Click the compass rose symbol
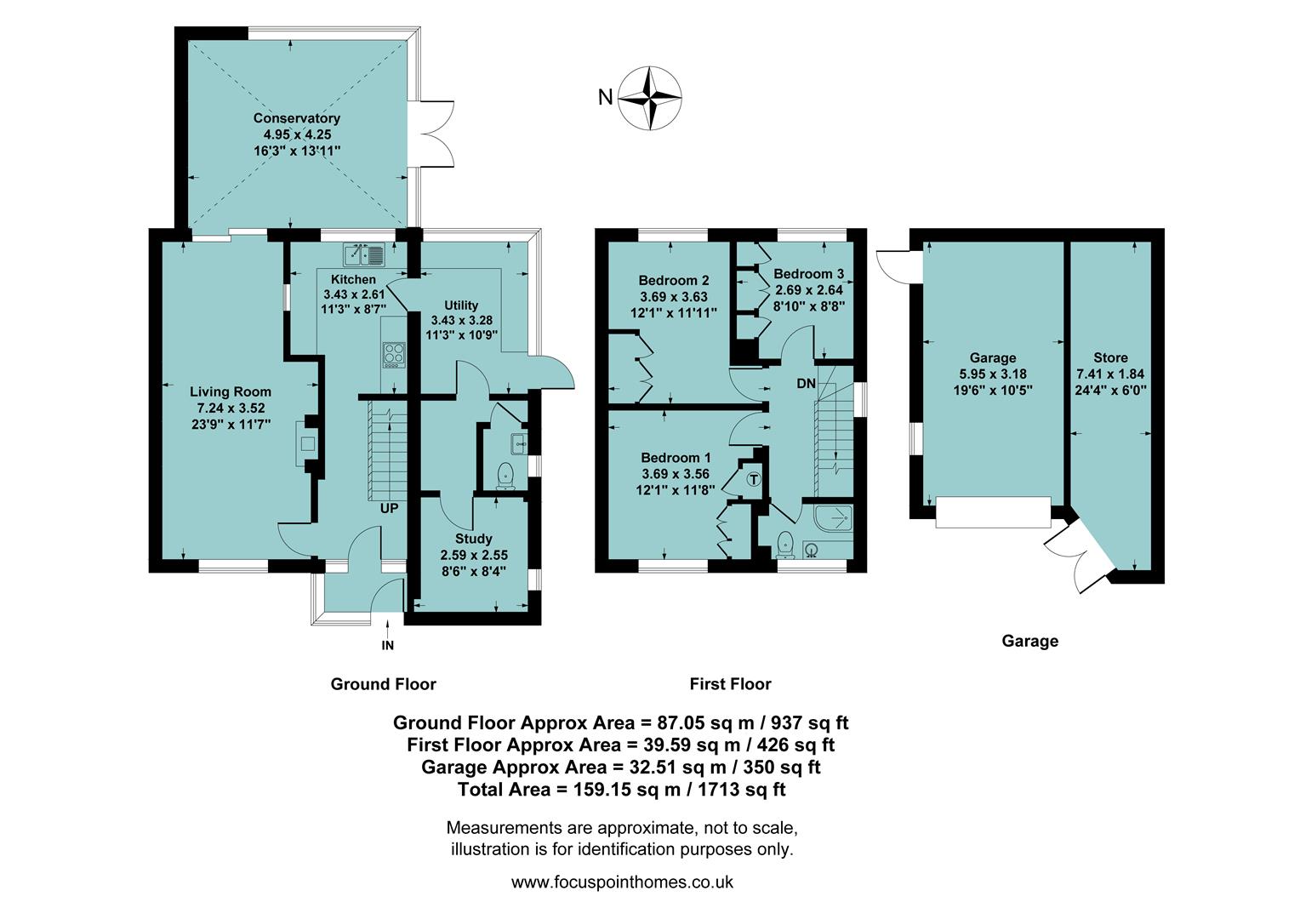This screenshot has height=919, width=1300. (x=649, y=97)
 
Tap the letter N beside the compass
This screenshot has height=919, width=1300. (x=605, y=97)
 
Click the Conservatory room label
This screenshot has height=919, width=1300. (x=296, y=118)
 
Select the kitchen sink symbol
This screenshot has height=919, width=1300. (x=364, y=253)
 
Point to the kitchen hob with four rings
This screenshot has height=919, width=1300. (x=394, y=354)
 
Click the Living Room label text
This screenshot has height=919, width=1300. (x=230, y=391)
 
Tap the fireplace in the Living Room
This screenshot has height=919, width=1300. (x=307, y=442)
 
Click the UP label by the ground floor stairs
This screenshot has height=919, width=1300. (x=389, y=509)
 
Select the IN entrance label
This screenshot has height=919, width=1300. (x=388, y=645)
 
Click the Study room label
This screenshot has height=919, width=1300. (x=473, y=539)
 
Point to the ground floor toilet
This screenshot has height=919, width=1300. (x=505, y=475)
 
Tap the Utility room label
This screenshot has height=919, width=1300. (x=461, y=305)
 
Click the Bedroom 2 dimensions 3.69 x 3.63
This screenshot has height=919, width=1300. (x=674, y=297)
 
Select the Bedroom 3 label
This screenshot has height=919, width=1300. (x=808, y=274)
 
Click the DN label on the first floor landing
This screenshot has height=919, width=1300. (x=806, y=384)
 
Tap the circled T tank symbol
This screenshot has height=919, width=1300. (x=753, y=479)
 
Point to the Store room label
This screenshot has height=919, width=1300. (x=1110, y=358)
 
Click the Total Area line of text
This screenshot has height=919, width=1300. (x=621, y=790)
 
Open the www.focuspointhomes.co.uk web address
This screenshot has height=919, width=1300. (x=621, y=882)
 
